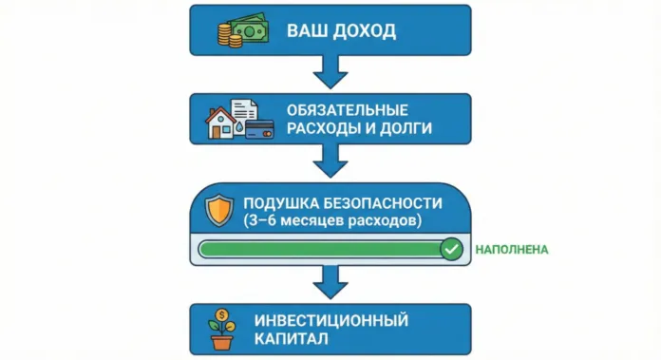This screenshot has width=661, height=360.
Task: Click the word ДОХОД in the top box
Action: (x=363, y=30)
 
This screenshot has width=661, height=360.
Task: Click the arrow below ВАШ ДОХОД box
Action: (x=330, y=71)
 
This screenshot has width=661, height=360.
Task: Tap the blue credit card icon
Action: (x=259, y=130)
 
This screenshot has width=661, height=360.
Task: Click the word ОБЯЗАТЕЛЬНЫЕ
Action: (x=345, y=108)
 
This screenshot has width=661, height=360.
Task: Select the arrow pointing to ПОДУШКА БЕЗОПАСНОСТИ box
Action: (x=330, y=162)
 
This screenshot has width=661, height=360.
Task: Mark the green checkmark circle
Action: (x=451, y=249)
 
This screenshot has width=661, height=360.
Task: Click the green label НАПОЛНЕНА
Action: (x=512, y=249)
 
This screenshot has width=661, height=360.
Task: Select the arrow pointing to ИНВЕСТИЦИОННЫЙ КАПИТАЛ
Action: (x=330, y=281)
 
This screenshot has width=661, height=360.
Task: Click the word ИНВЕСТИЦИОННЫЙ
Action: (x=330, y=318)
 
